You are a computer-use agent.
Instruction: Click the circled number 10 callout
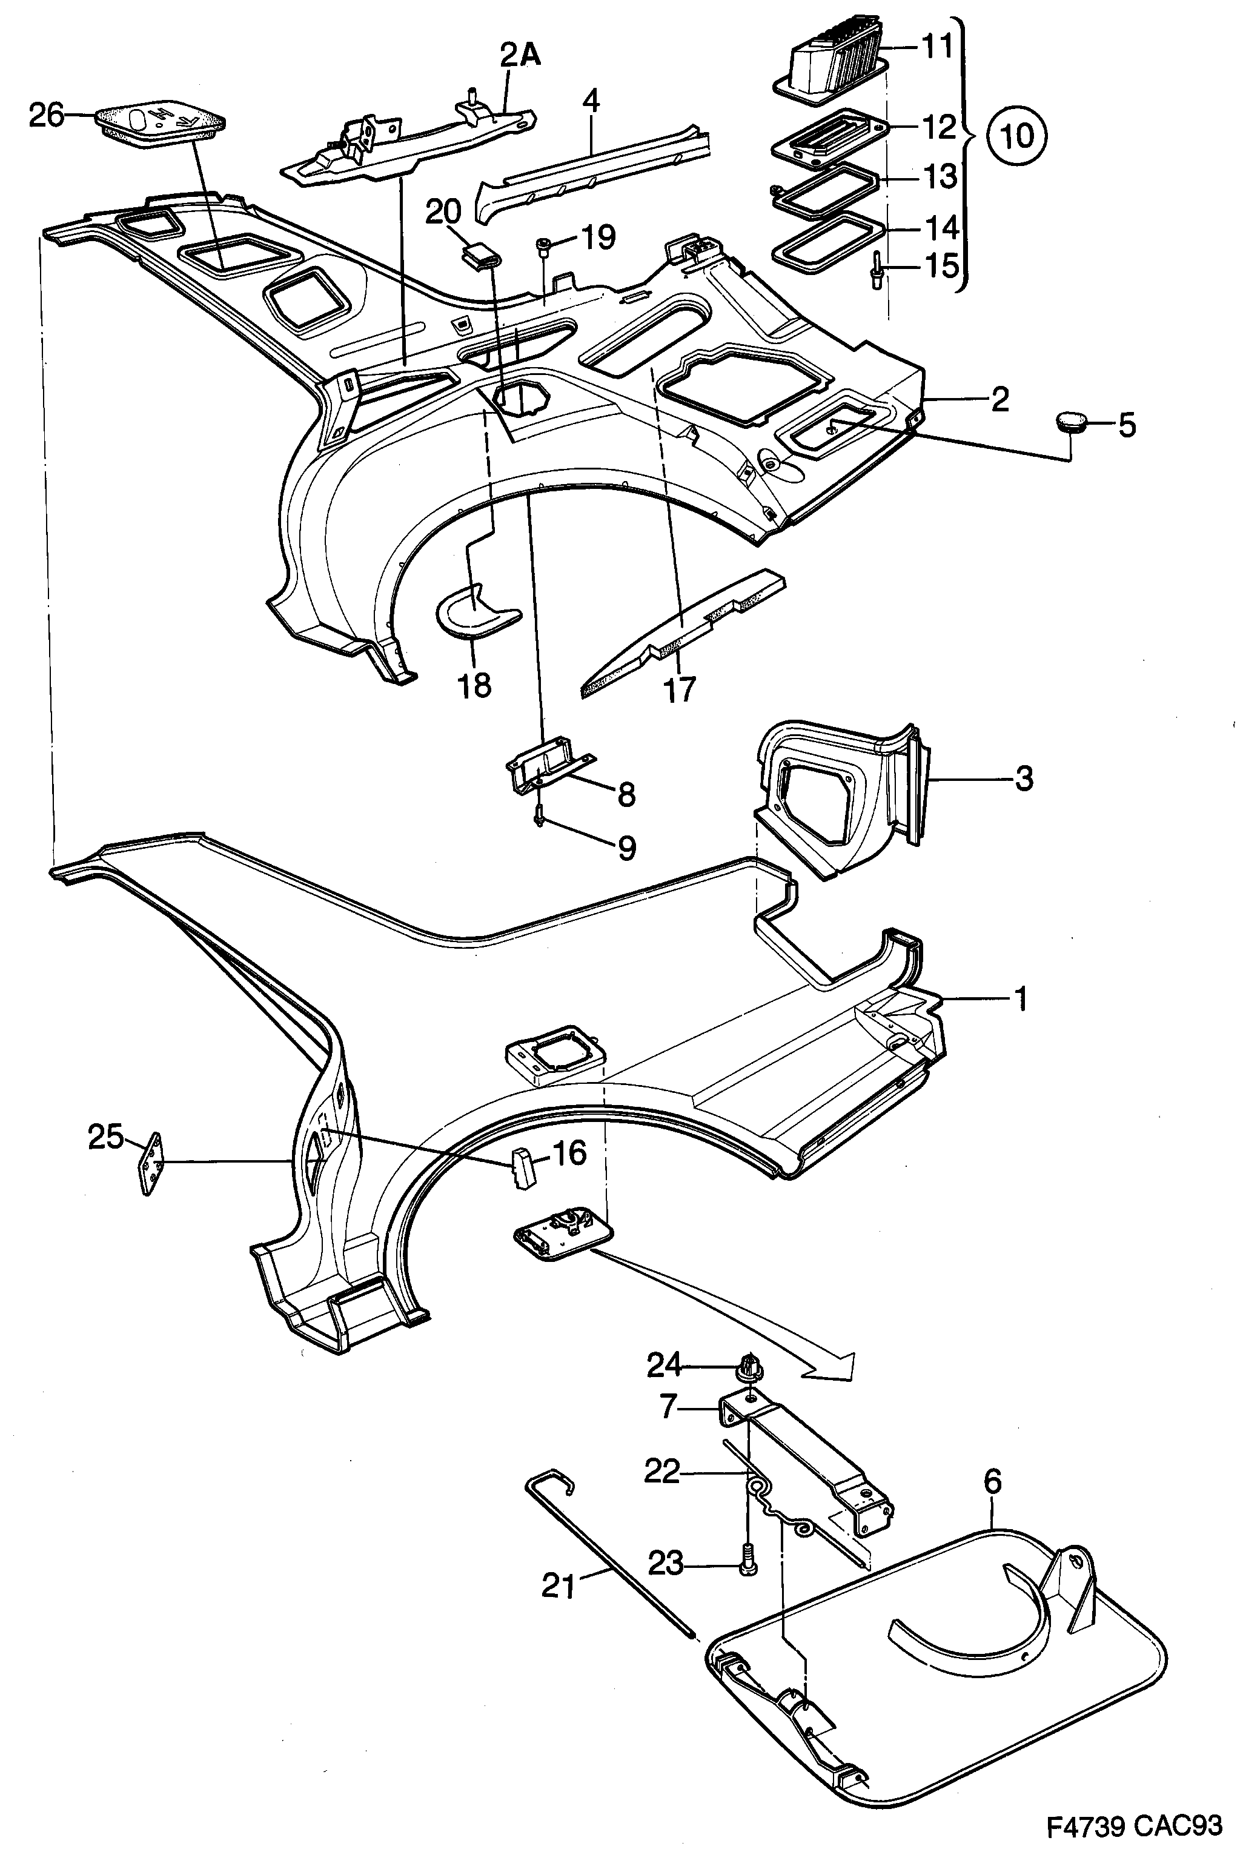1016,136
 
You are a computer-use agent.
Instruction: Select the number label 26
45,116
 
